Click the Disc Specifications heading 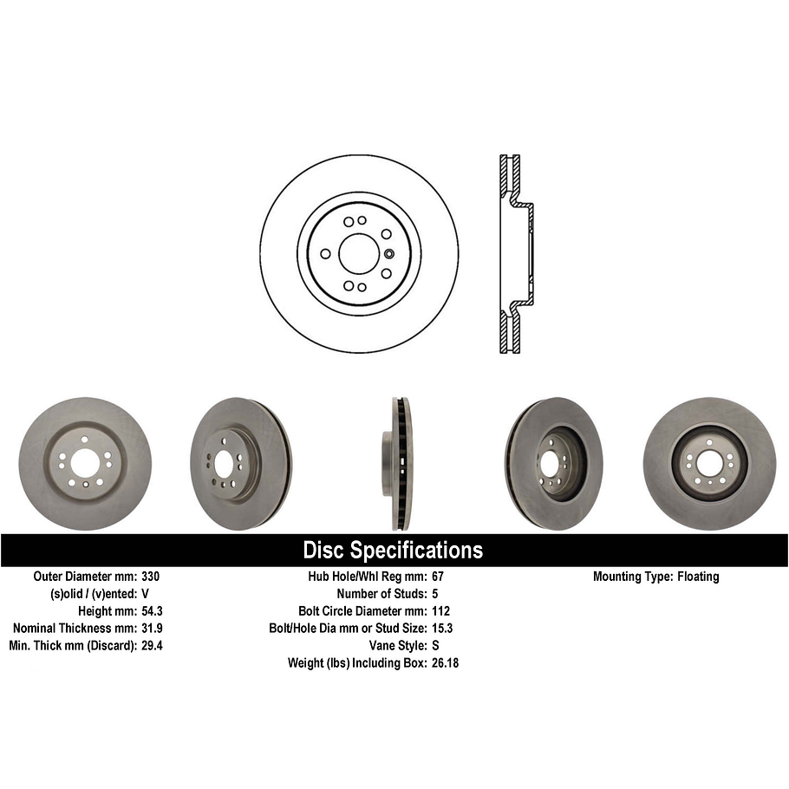tap(393, 550)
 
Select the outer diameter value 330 tap(150, 577)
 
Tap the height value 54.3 tap(152, 611)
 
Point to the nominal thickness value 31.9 tap(152, 629)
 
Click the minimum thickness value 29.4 tap(152, 646)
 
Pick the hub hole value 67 tap(438, 577)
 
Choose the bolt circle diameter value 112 tap(440, 611)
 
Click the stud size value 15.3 tap(442, 629)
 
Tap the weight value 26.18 tap(446, 663)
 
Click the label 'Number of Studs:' tap(379, 594)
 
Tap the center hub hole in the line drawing tap(359, 253)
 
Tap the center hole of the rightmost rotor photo tap(708, 464)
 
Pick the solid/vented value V tap(145, 594)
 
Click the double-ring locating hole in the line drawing tap(389, 253)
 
